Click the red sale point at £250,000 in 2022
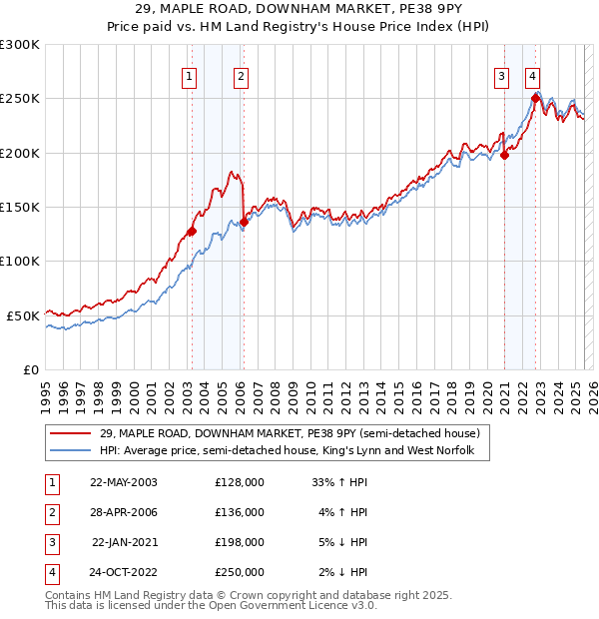pos(536,98)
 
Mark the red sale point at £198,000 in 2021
pos(505,155)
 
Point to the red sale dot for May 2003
pos(193,231)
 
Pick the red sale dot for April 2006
pos(244,222)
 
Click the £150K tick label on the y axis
pos(20,207)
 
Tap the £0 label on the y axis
pos(31,369)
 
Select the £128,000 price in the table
pos(240,481)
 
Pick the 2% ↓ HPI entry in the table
pos(343,572)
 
